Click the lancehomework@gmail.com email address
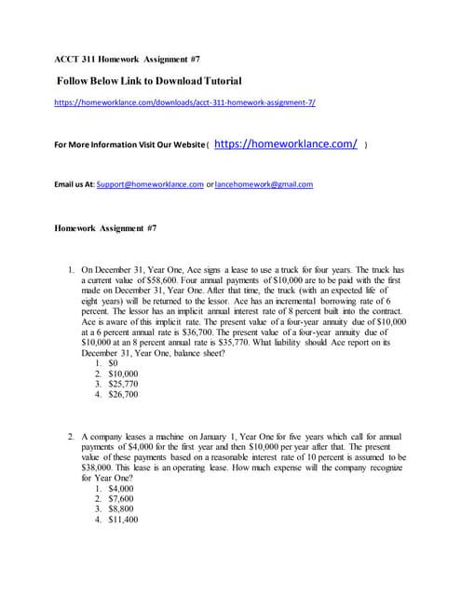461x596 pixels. coord(264,184)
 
